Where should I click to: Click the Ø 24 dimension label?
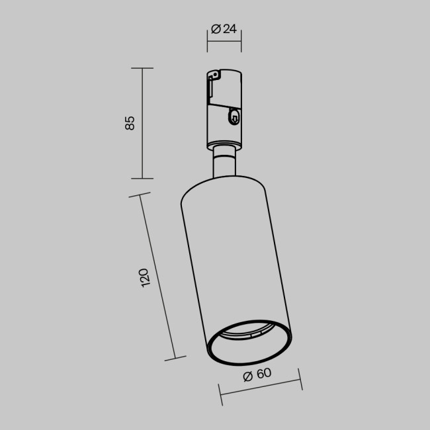click(x=224, y=28)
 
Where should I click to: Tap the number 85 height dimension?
click(x=130, y=123)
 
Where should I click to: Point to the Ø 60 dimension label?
click(x=257, y=374)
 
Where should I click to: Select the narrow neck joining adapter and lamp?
click(x=224, y=163)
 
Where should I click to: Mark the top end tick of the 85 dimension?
click(x=142, y=68)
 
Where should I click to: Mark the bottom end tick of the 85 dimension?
click(x=142, y=178)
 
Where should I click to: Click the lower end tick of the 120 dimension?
click(x=175, y=359)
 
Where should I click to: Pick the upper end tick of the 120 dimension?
click(x=138, y=196)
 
